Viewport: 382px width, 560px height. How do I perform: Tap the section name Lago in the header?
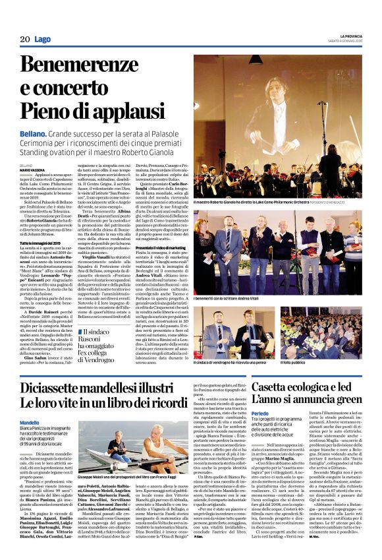pyautogui.click(x=43, y=40)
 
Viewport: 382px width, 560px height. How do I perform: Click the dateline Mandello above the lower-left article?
pyautogui.click(x=29, y=422)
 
